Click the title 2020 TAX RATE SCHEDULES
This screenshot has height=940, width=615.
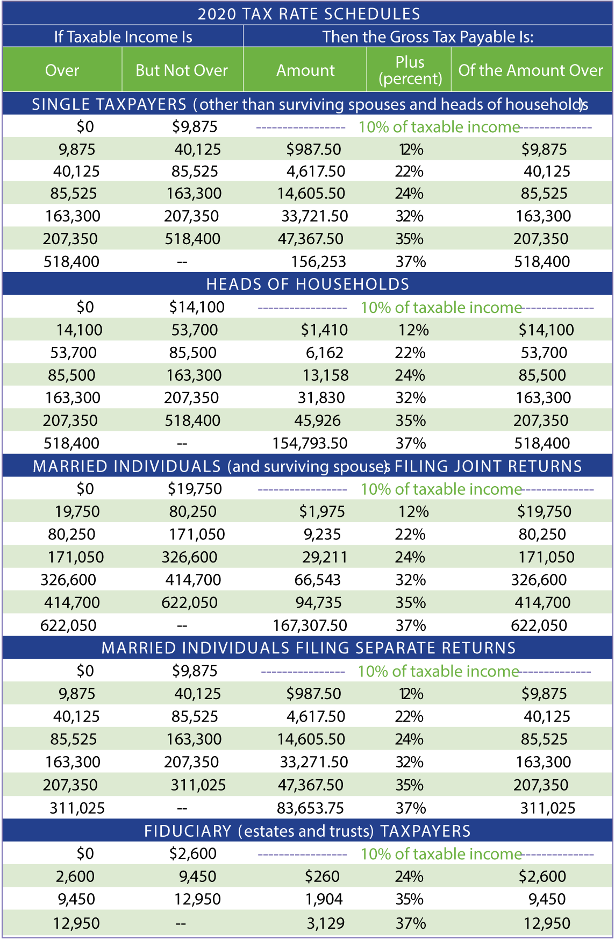309,14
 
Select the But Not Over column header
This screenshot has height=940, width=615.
182,70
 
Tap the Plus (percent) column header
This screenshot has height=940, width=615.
410,70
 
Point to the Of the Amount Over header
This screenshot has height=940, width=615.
531,70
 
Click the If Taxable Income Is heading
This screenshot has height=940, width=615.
123,37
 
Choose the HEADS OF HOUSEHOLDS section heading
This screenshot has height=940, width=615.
308,284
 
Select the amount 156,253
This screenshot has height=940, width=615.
319,262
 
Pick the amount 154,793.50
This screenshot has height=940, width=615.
310,444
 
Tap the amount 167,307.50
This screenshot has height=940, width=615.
310,625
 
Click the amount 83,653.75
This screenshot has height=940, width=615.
310,808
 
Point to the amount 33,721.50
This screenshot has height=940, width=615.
314,216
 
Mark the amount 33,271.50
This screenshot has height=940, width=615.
314,762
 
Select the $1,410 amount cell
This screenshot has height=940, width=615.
324,330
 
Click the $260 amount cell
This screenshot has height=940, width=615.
322,877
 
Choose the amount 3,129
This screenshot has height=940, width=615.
326,923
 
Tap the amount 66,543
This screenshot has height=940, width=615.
318,580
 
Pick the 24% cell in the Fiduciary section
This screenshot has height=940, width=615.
410,877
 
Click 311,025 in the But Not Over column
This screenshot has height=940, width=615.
198,785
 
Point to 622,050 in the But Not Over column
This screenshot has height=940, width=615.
190,602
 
